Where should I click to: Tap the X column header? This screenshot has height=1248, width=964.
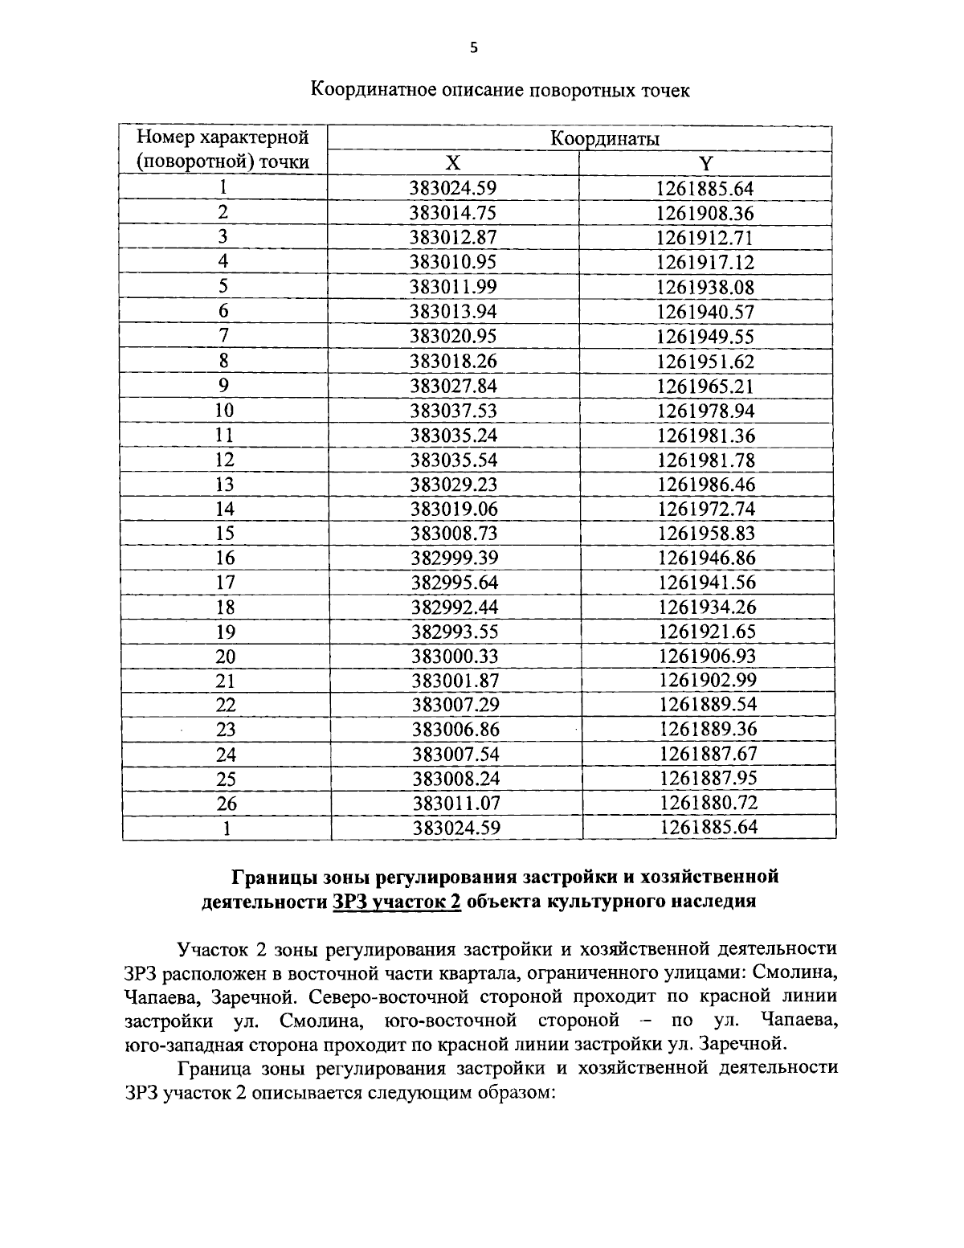coord(453,163)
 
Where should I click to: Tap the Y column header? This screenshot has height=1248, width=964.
coord(705,163)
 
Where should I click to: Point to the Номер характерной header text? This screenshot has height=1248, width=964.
coord(223,137)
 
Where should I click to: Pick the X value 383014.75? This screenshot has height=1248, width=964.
coord(453,213)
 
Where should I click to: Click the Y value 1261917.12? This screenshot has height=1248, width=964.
coord(705,262)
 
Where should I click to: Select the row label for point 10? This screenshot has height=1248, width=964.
coord(224,411)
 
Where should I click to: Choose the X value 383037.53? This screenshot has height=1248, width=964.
coord(453,411)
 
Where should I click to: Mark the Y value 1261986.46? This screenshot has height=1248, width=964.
coord(706,485)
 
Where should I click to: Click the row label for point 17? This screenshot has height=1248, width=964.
coord(225,582)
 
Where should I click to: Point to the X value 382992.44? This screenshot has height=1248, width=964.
coord(454,607)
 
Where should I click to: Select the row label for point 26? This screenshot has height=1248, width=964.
coord(227,803)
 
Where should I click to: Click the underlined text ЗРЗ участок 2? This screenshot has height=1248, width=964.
coord(396,901)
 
